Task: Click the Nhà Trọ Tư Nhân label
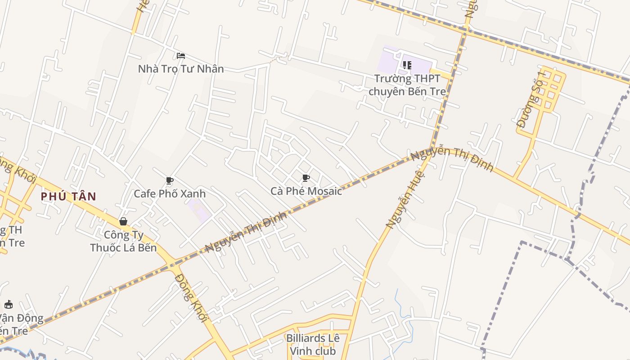click(x=180, y=69)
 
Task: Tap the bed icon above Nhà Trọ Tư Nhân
click(x=181, y=56)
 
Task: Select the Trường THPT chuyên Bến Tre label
click(x=407, y=85)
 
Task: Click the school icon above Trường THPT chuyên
click(x=407, y=65)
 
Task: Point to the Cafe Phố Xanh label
click(x=170, y=193)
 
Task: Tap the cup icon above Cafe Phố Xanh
click(x=170, y=181)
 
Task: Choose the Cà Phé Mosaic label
click(x=306, y=191)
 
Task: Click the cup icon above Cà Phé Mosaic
click(x=306, y=178)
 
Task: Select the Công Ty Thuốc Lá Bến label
click(x=123, y=241)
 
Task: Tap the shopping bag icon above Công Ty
click(x=123, y=221)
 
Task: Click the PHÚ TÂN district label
click(x=68, y=196)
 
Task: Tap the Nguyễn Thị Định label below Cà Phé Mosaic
click(x=246, y=232)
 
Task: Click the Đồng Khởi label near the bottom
click(x=191, y=297)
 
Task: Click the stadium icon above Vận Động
click(x=9, y=305)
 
